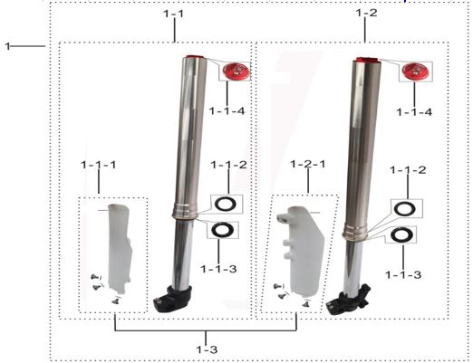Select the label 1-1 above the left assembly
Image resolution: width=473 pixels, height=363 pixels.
[173, 15]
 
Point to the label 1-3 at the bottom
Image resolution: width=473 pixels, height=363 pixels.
[208, 348]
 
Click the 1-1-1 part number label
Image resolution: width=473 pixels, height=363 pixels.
[98, 166]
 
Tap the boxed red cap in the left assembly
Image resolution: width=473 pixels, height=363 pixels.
[236, 72]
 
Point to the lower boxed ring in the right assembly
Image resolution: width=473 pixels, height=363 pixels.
[396, 236]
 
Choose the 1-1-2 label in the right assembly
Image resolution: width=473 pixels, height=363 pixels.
[408, 169]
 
